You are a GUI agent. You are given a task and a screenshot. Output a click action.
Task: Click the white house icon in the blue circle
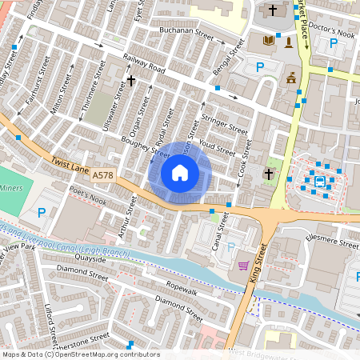(x=180, y=172)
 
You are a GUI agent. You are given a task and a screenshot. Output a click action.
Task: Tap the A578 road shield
(x=102, y=174)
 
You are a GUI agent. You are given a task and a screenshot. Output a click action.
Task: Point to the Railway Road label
(x=144, y=64)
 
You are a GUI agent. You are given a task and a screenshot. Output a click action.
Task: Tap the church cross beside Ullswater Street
(x=131, y=80)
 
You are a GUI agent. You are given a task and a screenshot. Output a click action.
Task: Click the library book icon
(x=268, y=40)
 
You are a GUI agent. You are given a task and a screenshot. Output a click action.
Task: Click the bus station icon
(x=320, y=181)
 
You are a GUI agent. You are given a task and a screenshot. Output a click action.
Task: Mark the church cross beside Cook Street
(x=269, y=174)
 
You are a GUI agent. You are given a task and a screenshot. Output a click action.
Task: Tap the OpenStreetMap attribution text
(x=80, y=354)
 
